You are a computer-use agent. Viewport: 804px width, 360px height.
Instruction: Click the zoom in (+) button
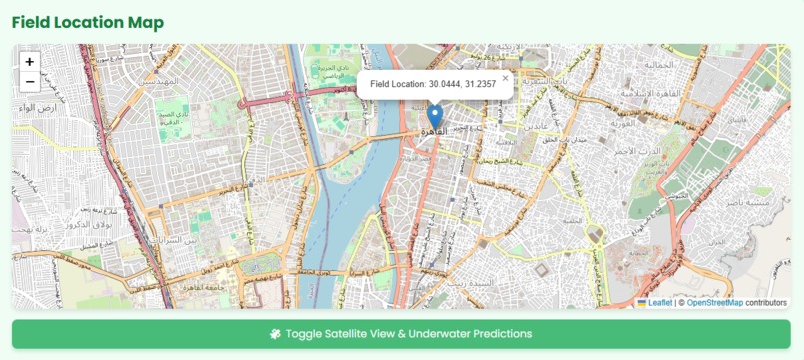[30, 62]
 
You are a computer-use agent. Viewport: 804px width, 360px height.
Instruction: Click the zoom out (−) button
[30, 82]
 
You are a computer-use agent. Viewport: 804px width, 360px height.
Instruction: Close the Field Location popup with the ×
[505, 77]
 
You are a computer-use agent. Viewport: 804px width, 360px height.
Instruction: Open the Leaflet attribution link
[659, 302]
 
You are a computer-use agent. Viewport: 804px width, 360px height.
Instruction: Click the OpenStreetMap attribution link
[714, 302]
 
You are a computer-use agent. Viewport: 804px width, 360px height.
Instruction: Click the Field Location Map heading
[88, 22]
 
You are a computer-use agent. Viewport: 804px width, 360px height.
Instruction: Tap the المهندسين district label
[159, 80]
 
